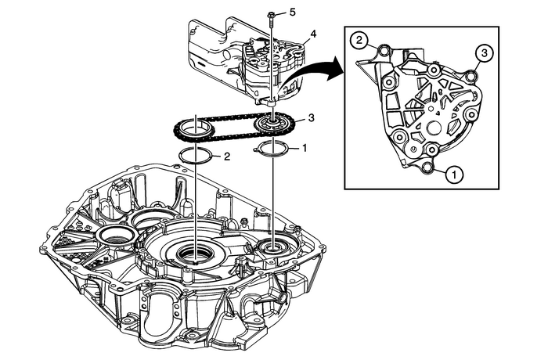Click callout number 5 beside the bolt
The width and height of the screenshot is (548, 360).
point(293,13)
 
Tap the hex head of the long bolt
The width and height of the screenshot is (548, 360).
point(271,14)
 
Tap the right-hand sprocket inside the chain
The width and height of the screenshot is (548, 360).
point(272,125)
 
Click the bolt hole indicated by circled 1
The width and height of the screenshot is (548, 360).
point(427,166)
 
